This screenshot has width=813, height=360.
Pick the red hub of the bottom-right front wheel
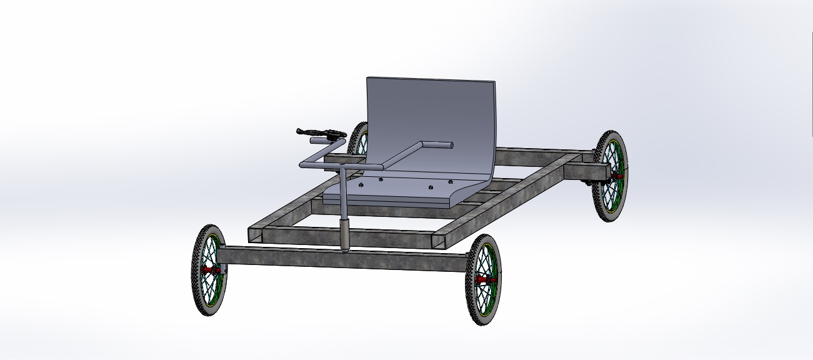[482, 280]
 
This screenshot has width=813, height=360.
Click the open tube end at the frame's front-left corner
[255, 235]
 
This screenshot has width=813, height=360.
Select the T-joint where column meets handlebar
[343, 167]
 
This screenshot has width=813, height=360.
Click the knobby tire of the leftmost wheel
[196, 294]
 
